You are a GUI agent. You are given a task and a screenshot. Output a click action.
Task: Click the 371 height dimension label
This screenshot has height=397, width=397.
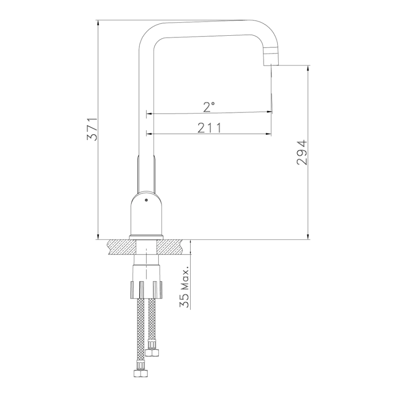92,129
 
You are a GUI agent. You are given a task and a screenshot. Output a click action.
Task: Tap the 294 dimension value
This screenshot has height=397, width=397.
302,153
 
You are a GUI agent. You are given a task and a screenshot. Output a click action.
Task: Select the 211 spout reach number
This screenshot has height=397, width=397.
210,127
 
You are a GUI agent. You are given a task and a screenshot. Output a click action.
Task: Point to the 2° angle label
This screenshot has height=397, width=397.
209,107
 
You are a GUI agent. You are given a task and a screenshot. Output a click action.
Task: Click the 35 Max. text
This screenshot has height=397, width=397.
185,287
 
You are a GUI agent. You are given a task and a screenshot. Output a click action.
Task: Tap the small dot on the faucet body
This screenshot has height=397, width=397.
146,201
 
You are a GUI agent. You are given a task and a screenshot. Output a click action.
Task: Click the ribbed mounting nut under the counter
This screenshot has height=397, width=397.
146,290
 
